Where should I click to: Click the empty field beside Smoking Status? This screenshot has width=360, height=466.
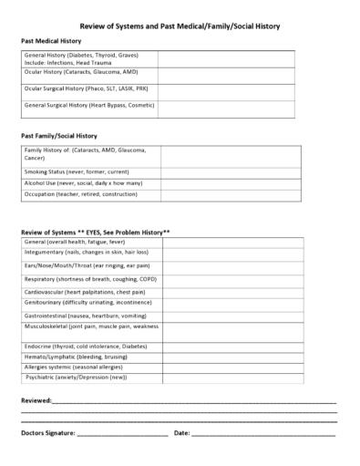(x=248, y=171)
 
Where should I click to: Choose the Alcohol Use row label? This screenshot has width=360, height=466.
(x=70, y=183)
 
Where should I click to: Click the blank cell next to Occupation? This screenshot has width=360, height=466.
(x=248, y=195)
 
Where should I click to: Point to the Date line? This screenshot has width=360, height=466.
(x=264, y=434)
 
